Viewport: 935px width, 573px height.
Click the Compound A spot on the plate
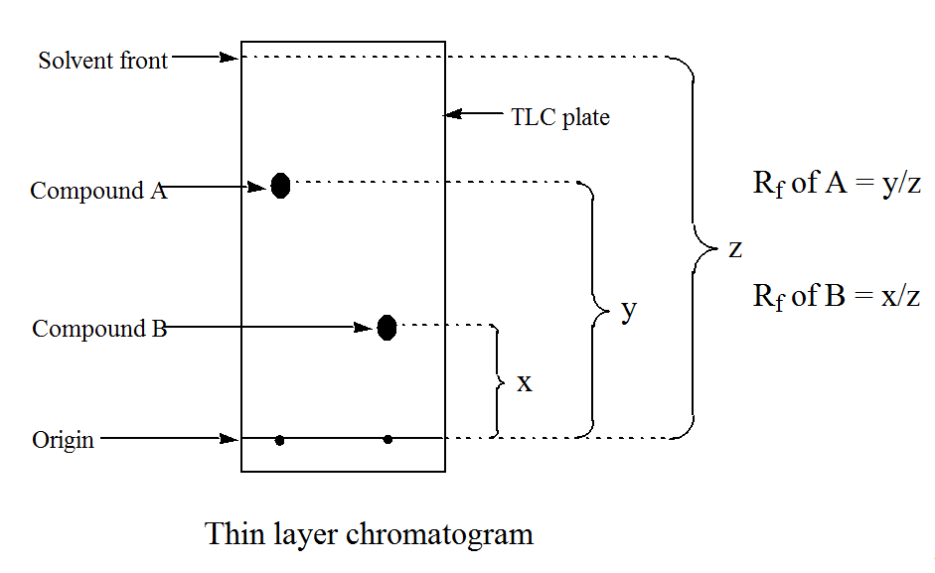tap(280, 185)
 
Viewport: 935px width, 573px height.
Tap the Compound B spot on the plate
tap(387, 327)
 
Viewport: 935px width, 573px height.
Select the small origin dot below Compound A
tap(279, 440)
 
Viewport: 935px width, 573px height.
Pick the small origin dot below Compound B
tap(388, 439)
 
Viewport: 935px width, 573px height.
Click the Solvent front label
tap(103, 61)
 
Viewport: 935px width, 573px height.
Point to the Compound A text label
tap(98, 191)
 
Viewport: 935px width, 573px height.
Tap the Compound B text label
tap(99, 329)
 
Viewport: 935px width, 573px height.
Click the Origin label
tap(63, 440)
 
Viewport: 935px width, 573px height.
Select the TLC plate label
tap(560, 117)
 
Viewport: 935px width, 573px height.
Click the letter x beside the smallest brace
tap(525, 381)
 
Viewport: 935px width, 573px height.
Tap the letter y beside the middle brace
tap(628, 310)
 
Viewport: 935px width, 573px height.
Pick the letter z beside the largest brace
tap(735, 248)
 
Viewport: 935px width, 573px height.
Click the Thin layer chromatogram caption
tap(369, 534)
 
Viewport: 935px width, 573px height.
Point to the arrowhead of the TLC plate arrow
tap(449, 115)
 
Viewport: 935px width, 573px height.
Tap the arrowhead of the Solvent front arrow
tap(235, 58)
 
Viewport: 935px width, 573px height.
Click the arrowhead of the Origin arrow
tap(235, 438)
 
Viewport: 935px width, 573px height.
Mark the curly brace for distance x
tap(498, 380)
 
